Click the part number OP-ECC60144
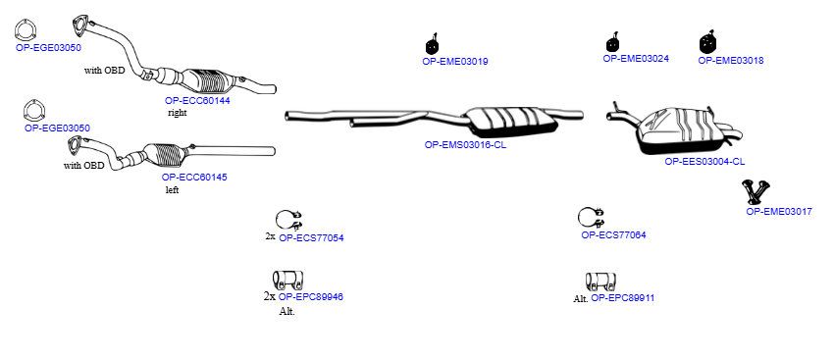tap(197, 100)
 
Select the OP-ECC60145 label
tap(194, 178)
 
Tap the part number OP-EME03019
tap(455, 61)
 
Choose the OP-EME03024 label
tap(636, 59)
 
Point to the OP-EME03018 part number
tap(731, 60)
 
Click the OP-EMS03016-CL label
tap(465, 144)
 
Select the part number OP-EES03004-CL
tap(704, 161)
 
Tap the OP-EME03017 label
tap(779, 211)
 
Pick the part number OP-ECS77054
tap(311, 237)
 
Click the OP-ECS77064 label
tap(614, 234)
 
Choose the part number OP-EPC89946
tap(311, 296)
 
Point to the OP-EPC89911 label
tap(623, 298)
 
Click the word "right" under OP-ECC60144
tap(178, 113)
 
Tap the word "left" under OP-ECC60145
tap(172, 190)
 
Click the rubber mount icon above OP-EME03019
tap(433, 44)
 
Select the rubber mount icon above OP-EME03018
tap(708, 42)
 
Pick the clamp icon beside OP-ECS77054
tap(288, 219)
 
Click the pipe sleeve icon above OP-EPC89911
tap(600, 282)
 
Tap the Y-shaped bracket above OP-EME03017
tap(756, 192)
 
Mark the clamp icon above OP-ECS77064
tap(591, 217)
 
